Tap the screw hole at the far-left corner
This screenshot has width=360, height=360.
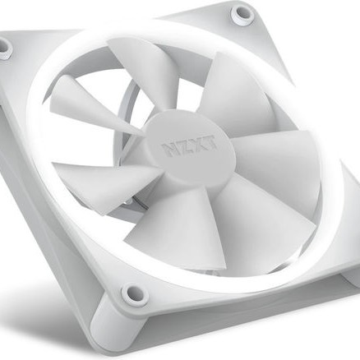(x=4, y=48)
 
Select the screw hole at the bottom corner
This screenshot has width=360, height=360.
(x=131, y=292)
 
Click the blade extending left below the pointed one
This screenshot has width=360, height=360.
(x=95, y=177)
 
